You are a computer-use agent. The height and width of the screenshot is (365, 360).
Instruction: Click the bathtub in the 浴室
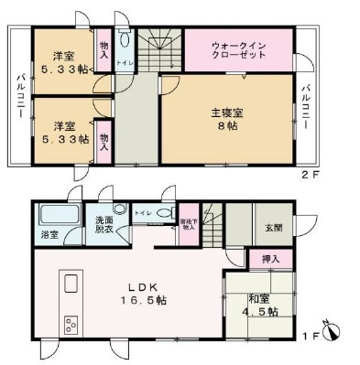60,218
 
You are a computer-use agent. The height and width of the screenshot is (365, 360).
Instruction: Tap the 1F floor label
311,337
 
